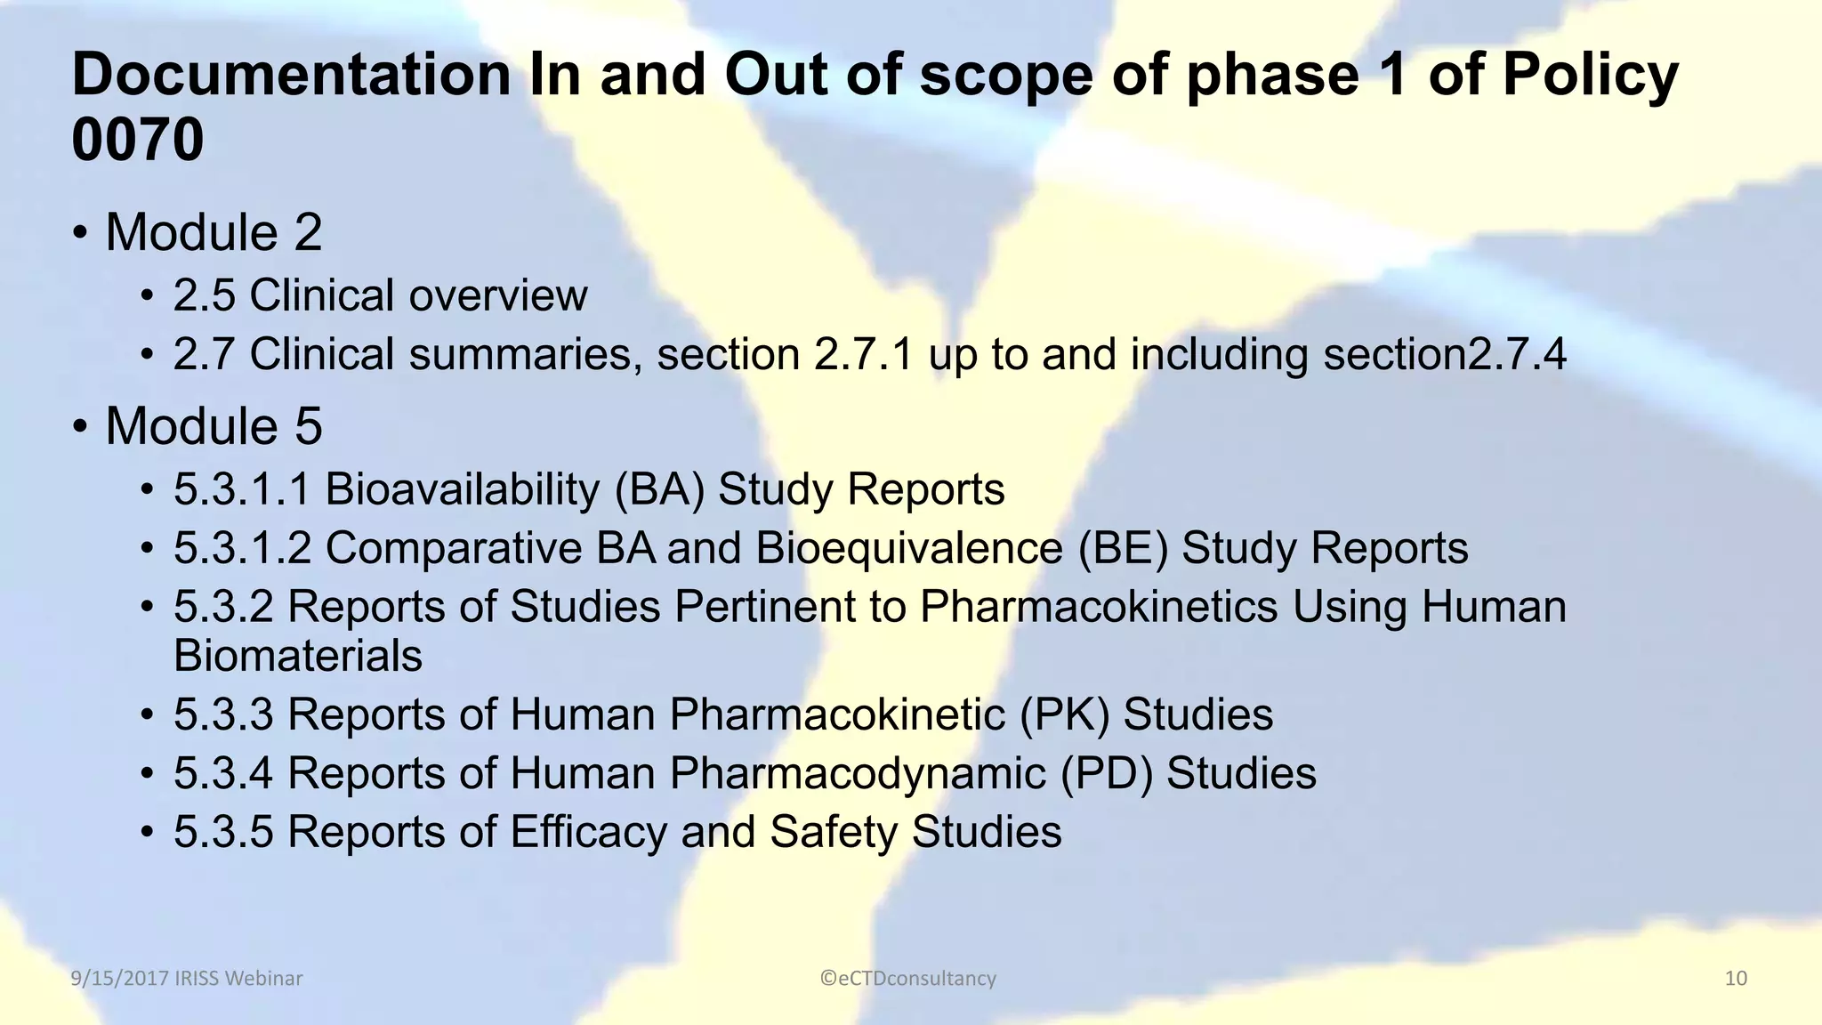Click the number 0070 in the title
(138, 140)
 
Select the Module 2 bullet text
(214, 232)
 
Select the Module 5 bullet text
(214, 426)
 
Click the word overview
(498, 295)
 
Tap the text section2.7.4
(1444, 354)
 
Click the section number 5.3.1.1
(242, 489)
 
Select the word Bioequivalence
(908, 548)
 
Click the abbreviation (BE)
(1123, 548)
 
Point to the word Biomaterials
(298, 656)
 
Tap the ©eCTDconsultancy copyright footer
(908, 979)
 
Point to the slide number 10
(1736, 979)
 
